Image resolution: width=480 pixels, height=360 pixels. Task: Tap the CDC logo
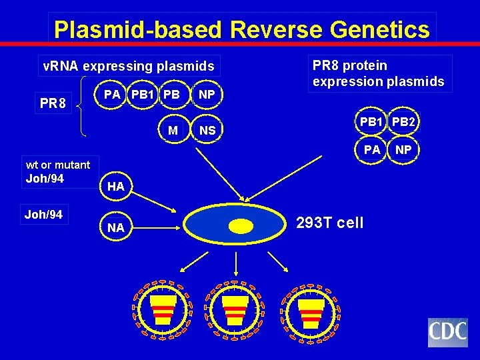coord(447,333)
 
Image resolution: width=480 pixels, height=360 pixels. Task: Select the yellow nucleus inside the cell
coord(241,227)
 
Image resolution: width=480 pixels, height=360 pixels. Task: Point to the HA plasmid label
coord(115,187)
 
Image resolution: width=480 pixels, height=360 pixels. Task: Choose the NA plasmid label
coord(115,228)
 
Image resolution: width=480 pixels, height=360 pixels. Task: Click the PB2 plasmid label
coord(404,122)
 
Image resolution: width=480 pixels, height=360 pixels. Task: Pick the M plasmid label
coord(173,130)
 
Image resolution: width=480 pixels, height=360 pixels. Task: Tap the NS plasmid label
coord(207,131)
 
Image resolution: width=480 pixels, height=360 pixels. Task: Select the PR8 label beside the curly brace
coord(53,105)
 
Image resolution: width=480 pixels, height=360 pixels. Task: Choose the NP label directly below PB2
coord(403,150)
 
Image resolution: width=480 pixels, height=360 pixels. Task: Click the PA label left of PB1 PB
coord(112,95)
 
